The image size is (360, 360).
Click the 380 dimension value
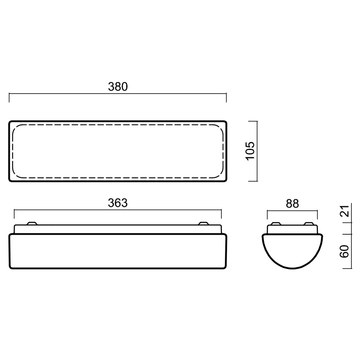click(118, 87)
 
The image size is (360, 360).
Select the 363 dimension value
click(118, 203)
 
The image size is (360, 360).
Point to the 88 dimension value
click(292, 204)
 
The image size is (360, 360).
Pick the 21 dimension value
click(345, 211)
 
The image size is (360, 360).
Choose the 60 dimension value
click(344, 252)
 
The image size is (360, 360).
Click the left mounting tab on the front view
click(32, 223)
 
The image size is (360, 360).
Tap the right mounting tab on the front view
click(203, 223)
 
